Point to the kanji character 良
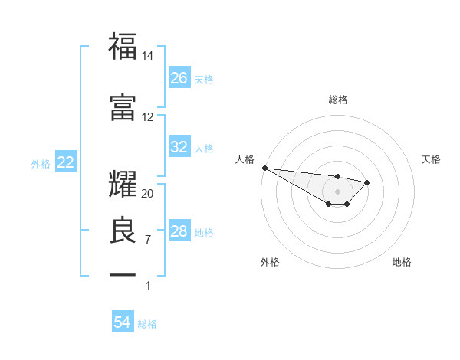click(123, 228)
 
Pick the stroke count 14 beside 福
click(148, 57)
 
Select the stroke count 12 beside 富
click(148, 117)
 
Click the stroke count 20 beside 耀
click(148, 194)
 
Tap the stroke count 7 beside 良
click(148, 240)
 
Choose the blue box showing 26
click(179, 78)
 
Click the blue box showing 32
click(179, 147)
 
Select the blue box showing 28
click(179, 231)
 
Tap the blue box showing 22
click(65, 162)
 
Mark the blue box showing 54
click(123, 323)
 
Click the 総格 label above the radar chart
click(337, 100)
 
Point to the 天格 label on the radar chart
click(432, 159)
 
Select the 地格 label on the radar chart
click(402, 262)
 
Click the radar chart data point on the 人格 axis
click(264, 168)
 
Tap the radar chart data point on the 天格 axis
click(367, 182)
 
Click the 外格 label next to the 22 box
click(40, 163)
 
